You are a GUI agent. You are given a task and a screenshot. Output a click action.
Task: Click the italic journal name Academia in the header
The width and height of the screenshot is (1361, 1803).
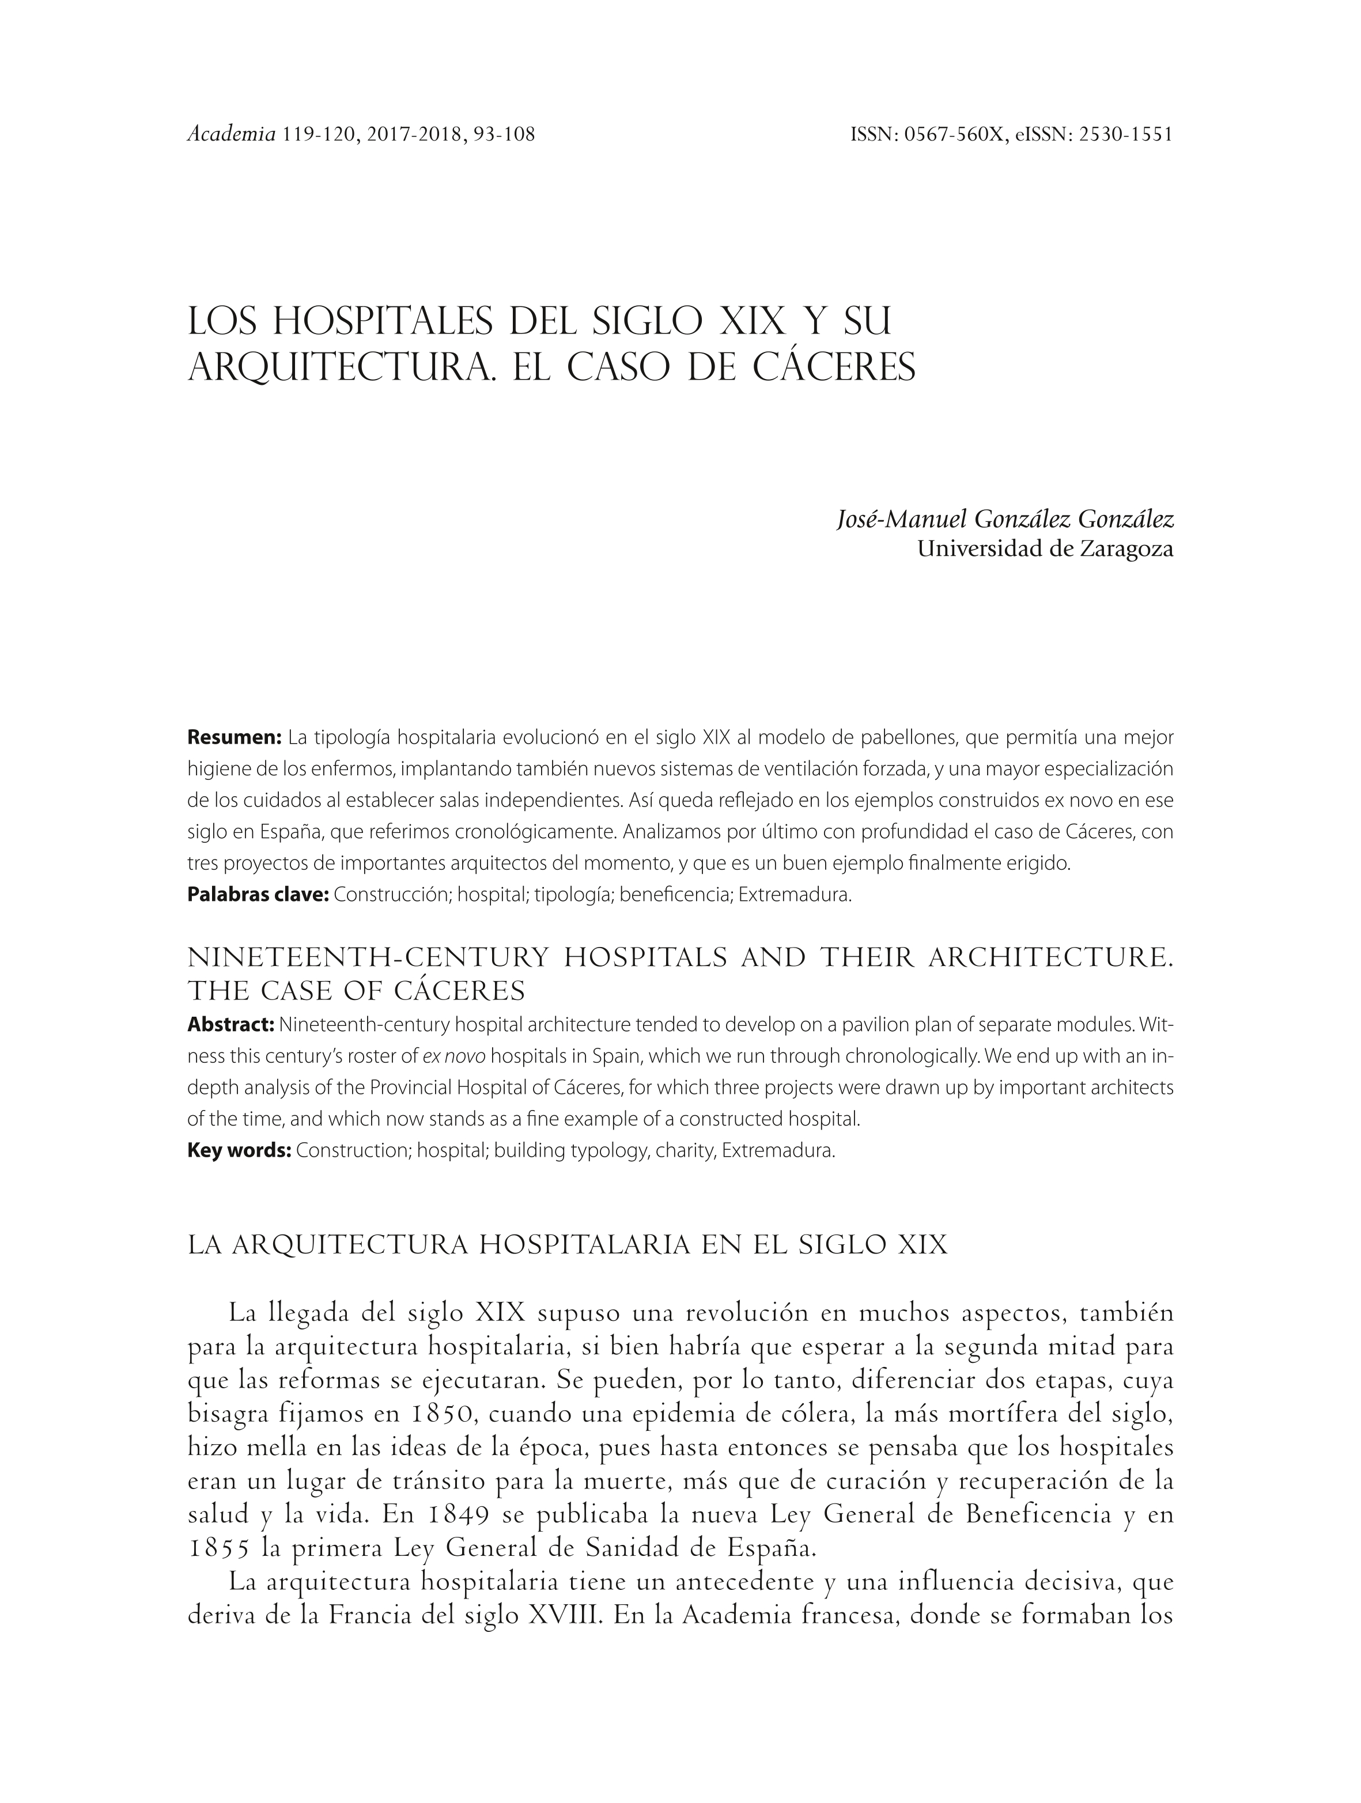(x=231, y=134)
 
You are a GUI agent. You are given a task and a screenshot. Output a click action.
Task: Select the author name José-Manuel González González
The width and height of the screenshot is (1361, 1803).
(x=1005, y=518)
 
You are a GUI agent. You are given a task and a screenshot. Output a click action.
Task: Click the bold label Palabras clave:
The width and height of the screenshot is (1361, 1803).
(x=258, y=895)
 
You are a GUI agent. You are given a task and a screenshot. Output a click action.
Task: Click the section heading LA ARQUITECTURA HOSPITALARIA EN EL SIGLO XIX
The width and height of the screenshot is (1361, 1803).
(x=568, y=1245)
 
